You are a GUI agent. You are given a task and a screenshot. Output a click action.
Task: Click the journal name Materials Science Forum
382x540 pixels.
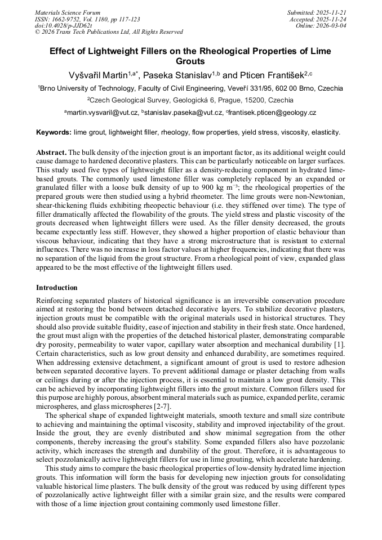tap(68, 12)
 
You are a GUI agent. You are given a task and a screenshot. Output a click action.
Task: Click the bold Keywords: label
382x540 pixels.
tap(54, 133)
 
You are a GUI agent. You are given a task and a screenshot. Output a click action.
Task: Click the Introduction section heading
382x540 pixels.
tap(57, 288)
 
